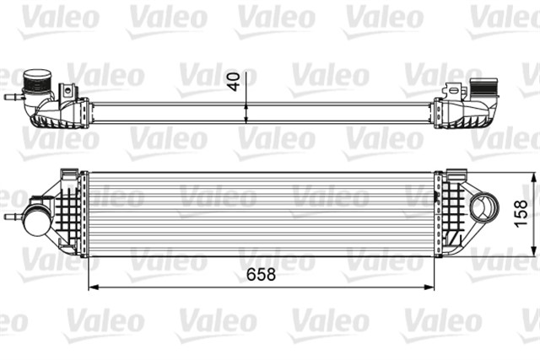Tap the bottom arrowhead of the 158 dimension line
(533, 251)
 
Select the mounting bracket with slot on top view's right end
(455, 89)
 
